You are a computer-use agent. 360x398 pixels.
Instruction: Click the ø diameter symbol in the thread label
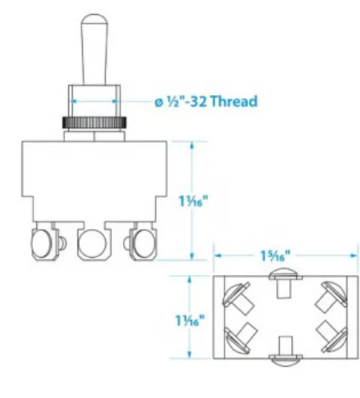pyautogui.click(x=159, y=102)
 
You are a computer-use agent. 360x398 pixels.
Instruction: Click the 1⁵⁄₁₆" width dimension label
pyautogui.click(x=273, y=255)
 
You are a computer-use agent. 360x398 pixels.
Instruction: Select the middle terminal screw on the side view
pyautogui.click(x=93, y=240)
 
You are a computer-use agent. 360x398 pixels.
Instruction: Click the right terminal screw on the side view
pyautogui.click(x=141, y=240)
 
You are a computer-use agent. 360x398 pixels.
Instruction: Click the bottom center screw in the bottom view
pyautogui.click(x=284, y=357)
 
